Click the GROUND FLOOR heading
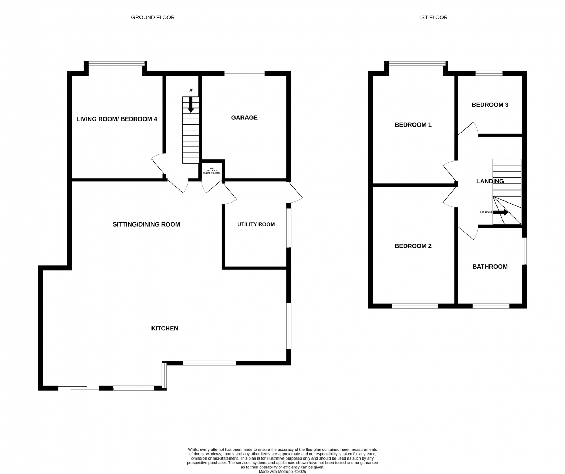click(153, 17)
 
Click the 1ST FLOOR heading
click(433, 17)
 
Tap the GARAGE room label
click(244, 118)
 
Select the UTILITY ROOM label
click(256, 224)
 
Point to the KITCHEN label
click(165, 328)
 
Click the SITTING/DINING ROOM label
click(146, 224)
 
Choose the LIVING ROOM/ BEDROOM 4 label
click(117, 119)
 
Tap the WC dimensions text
click(212, 171)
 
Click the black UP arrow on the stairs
click(191, 105)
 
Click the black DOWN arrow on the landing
click(500, 212)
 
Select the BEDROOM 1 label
click(413, 125)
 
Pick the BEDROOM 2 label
click(413, 246)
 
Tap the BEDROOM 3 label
click(490, 105)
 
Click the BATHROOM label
click(490, 267)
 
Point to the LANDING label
click(490, 181)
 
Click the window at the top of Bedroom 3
click(489, 73)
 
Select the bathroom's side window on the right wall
click(524, 251)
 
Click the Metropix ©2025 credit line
click(282, 472)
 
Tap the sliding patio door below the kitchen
click(78, 388)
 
